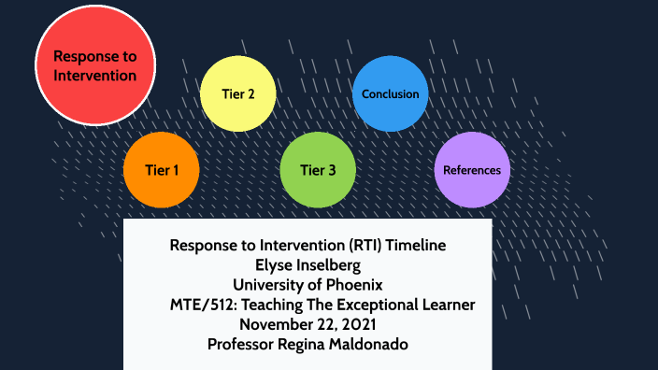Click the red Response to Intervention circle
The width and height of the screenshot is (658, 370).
[x=93, y=65]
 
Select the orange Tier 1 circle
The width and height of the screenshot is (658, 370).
[x=162, y=170]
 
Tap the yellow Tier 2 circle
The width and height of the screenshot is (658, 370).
[x=238, y=93]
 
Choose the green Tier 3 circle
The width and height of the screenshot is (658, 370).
[x=318, y=170]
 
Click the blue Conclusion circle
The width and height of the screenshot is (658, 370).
[x=391, y=93]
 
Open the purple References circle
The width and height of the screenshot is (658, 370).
[x=472, y=170]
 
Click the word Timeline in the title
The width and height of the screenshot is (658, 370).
[x=412, y=246]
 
